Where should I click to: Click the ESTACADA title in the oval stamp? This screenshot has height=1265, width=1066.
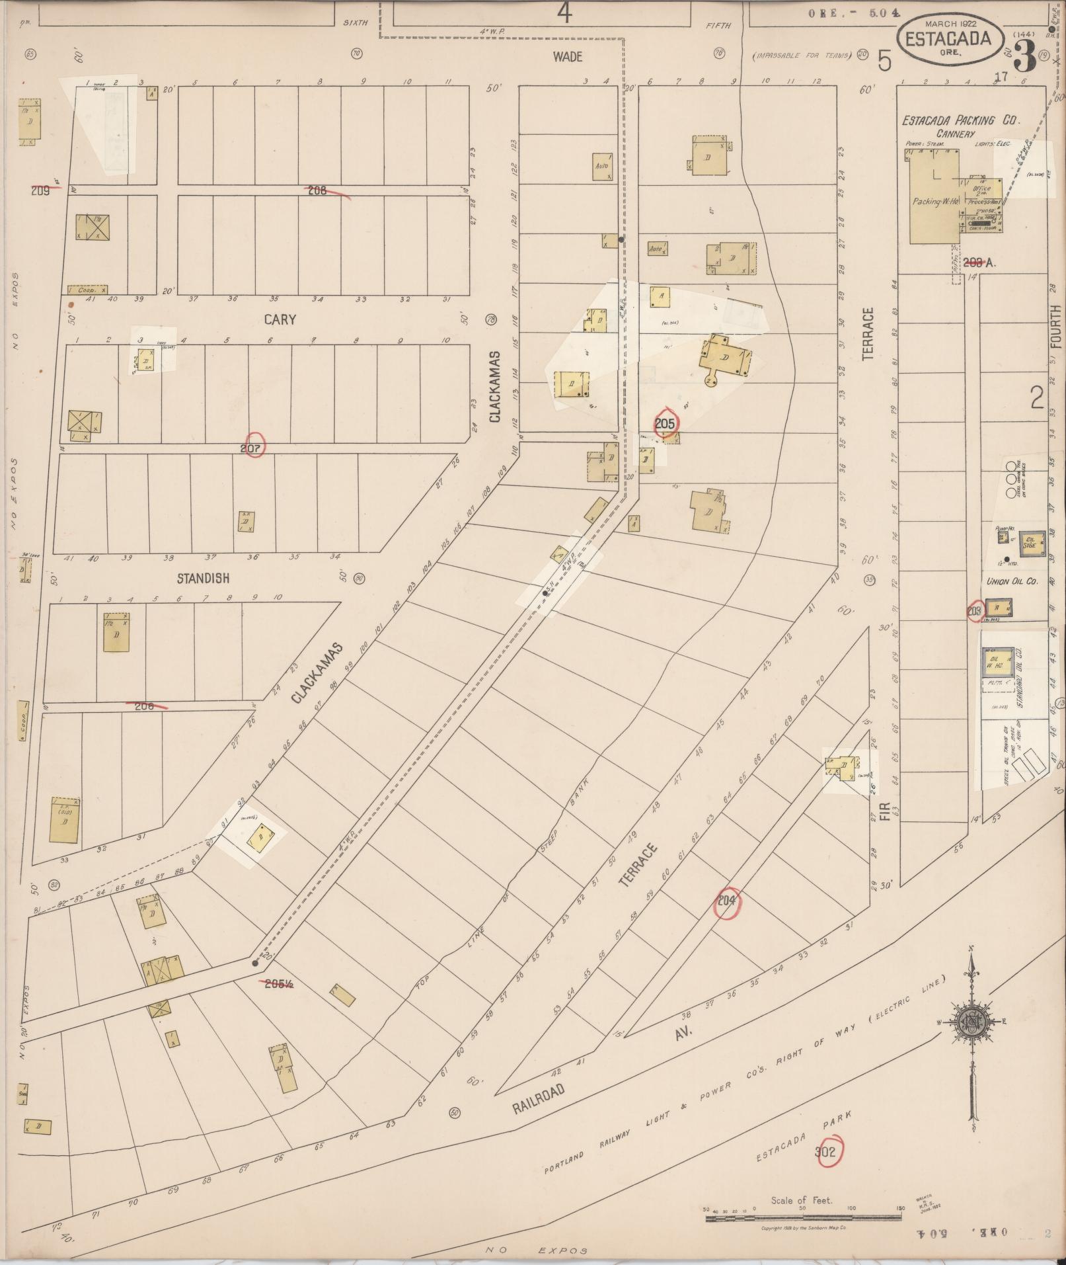(x=948, y=39)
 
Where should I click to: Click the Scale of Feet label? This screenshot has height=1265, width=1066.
(x=802, y=1200)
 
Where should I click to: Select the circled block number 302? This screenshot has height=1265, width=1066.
(x=825, y=1152)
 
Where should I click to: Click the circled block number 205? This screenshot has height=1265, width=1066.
(x=665, y=423)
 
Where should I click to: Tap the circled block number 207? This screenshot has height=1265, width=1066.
(x=253, y=448)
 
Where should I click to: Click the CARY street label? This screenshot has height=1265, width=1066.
(x=280, y=319)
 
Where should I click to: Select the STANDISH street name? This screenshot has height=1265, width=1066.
(x=203, y=578)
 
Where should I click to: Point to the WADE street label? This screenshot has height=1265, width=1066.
(x=568, y=57)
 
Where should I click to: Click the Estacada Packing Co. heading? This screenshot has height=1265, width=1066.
(x=962, y=120)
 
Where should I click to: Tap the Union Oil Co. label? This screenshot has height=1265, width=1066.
(x=1012, y=581)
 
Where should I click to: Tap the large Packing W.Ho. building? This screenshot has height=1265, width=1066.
(x=934, y=198)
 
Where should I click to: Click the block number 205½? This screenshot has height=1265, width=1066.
(x=278, y=983)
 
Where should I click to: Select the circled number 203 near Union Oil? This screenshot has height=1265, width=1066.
(x=973, y=611)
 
